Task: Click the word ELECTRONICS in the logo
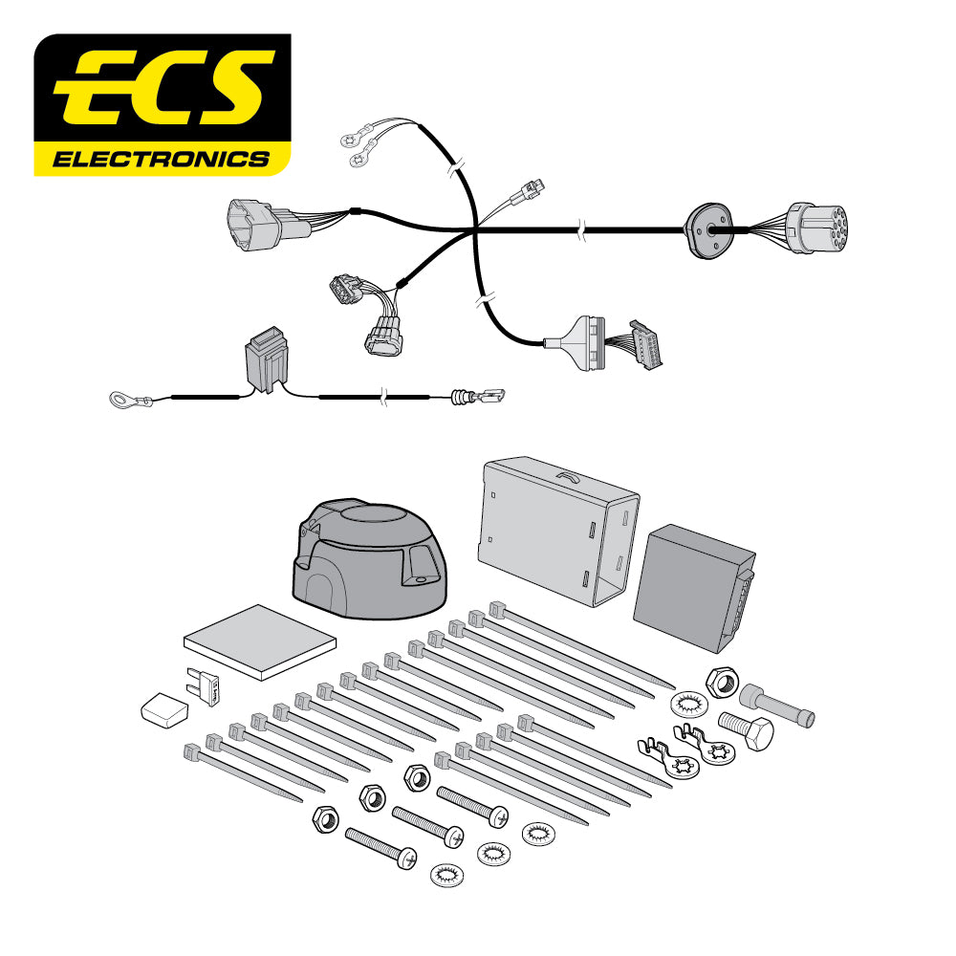pos(161,158)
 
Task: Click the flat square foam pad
pos(260,641)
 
